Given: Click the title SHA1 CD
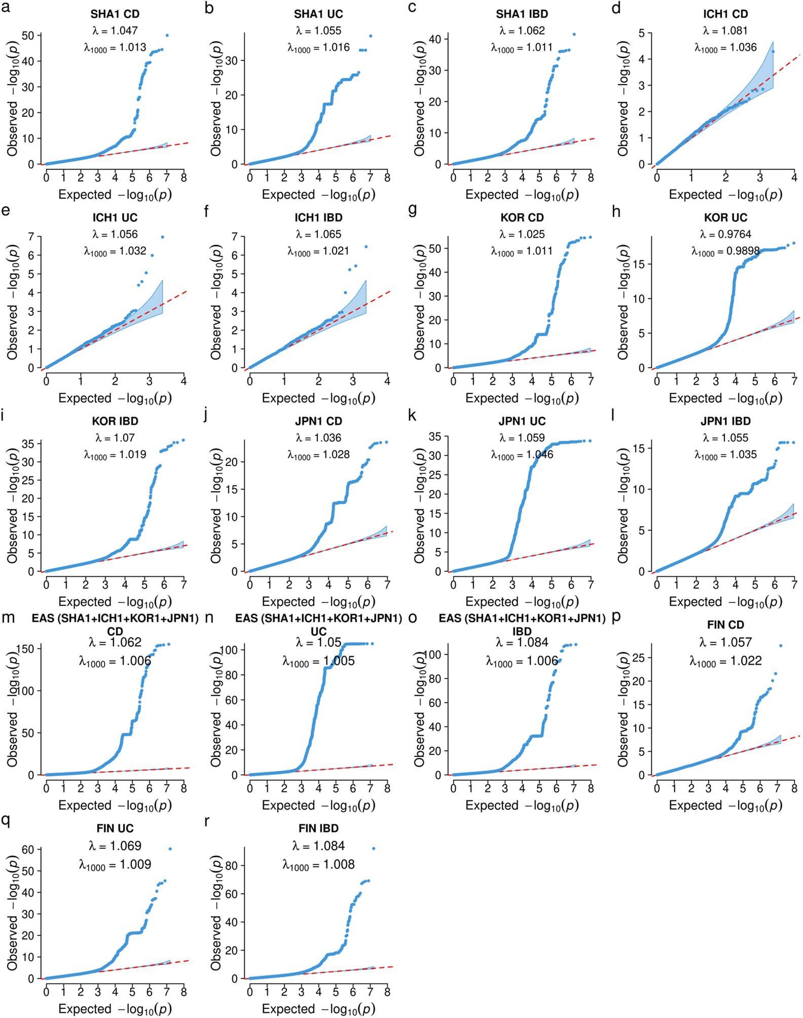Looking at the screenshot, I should tap(115, 14).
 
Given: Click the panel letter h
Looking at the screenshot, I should tap(616, 211).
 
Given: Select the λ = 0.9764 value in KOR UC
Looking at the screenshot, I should tap(725, 234).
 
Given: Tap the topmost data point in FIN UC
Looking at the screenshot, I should tap(170, 849).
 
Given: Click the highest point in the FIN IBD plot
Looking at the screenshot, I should tap(374, 849).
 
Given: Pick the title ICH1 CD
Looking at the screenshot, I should tap(725, 14).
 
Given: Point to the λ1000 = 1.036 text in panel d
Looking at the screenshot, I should tap(725, 48).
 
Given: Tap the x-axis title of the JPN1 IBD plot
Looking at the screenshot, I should tap(725, 602).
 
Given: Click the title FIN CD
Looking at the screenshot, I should tap(725, 625).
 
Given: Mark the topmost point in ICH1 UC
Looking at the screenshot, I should tap(162, 237).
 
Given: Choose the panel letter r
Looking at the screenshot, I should tap(207, 822).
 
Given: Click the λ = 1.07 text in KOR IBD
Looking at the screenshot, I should tap(115, 438).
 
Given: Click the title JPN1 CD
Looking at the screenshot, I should tap(319, 421).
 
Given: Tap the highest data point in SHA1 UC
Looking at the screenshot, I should tap(371, 36).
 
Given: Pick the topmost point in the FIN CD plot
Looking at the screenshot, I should tap(781, 645).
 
